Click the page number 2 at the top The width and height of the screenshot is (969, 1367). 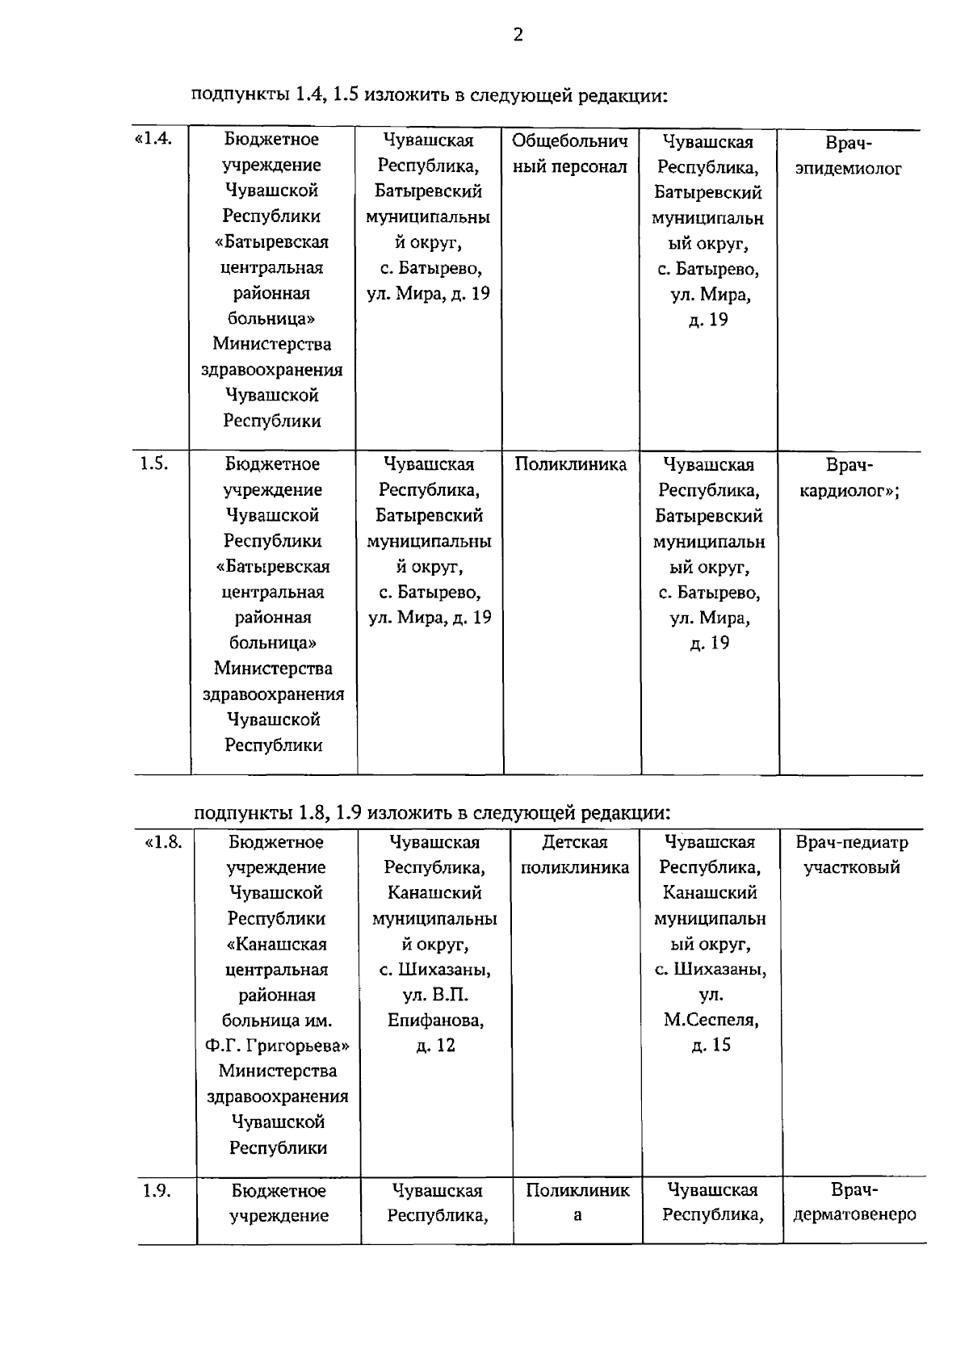518,35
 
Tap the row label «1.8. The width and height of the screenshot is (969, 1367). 163,842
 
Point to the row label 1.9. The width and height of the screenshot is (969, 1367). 157,1190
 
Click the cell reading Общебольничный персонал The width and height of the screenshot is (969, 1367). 569,153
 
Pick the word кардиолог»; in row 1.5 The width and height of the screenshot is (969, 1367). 849,491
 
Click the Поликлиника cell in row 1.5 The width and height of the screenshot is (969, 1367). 570,464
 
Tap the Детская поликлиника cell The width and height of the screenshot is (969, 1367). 574,855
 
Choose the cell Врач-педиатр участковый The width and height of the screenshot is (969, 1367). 852,855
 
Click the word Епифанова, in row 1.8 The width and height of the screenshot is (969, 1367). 435,1020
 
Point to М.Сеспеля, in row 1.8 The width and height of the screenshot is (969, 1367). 711,1020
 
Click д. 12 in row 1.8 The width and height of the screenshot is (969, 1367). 435,1046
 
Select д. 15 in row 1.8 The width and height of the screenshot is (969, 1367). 711,1045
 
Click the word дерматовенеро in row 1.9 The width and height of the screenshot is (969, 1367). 854,1215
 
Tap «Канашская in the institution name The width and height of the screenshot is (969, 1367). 277,944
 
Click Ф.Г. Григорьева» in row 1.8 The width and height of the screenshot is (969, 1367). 277,1046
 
